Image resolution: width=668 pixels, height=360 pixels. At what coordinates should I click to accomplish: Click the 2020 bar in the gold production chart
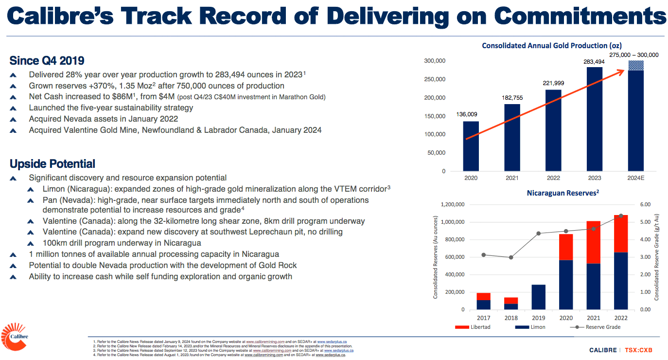point(471,146)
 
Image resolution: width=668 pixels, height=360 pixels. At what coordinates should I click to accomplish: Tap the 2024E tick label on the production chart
point(635,178)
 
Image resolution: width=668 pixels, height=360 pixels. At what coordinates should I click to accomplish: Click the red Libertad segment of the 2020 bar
point(566,247)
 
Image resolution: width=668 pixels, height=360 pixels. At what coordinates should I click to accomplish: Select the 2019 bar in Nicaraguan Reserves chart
point(538,297)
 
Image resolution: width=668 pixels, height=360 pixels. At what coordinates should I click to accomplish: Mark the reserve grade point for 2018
point(510,257)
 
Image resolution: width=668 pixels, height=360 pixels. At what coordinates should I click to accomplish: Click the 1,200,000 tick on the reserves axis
point(452,205)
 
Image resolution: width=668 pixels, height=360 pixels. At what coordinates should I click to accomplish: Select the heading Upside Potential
point(52,163)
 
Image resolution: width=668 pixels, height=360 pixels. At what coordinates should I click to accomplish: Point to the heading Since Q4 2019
point(47,61)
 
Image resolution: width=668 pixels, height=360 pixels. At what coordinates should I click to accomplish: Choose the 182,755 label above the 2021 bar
point(512,98)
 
